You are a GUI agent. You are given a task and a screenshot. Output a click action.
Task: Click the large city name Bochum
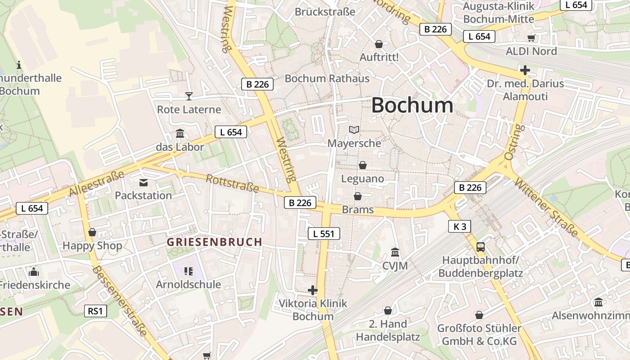click(x=412, y=105)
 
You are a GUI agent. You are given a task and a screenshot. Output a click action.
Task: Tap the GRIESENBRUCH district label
click(x=214, y=242)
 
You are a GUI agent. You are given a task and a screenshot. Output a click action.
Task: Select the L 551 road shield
click(x=324, y=233)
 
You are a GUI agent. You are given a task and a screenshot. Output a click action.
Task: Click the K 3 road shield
click(x=459, y=226)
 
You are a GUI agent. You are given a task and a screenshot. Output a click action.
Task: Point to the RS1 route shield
click(x=95, y=310)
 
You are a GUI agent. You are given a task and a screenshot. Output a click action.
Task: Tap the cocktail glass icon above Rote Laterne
click(x=189, y=96)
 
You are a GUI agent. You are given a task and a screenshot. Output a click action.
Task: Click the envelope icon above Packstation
click(x=144, y=183)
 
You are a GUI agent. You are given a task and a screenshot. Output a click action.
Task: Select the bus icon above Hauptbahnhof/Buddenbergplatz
click(x=481, y=247)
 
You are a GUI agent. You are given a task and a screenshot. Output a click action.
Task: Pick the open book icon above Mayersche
click(x=355, y=130)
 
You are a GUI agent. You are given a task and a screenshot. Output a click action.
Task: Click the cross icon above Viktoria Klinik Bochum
click(x=313, y=290)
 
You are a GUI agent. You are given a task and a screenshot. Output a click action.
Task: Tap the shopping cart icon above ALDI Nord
click(x=531, y=38)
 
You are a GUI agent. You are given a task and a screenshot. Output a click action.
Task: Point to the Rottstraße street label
click(x=232, y=183)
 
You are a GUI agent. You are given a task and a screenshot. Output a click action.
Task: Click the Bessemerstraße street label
click(x=119, y=301)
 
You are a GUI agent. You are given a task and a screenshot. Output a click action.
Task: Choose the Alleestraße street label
click(x=97, y=184)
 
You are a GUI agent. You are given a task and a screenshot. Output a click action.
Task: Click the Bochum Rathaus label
click(x=327, y=78)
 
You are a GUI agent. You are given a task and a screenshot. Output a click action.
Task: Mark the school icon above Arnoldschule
click(x=189, y=271)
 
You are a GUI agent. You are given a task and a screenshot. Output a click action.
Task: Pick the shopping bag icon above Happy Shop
click(x=92, y=232)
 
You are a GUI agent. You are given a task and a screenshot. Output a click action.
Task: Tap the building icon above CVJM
click(x=395, y=252)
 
